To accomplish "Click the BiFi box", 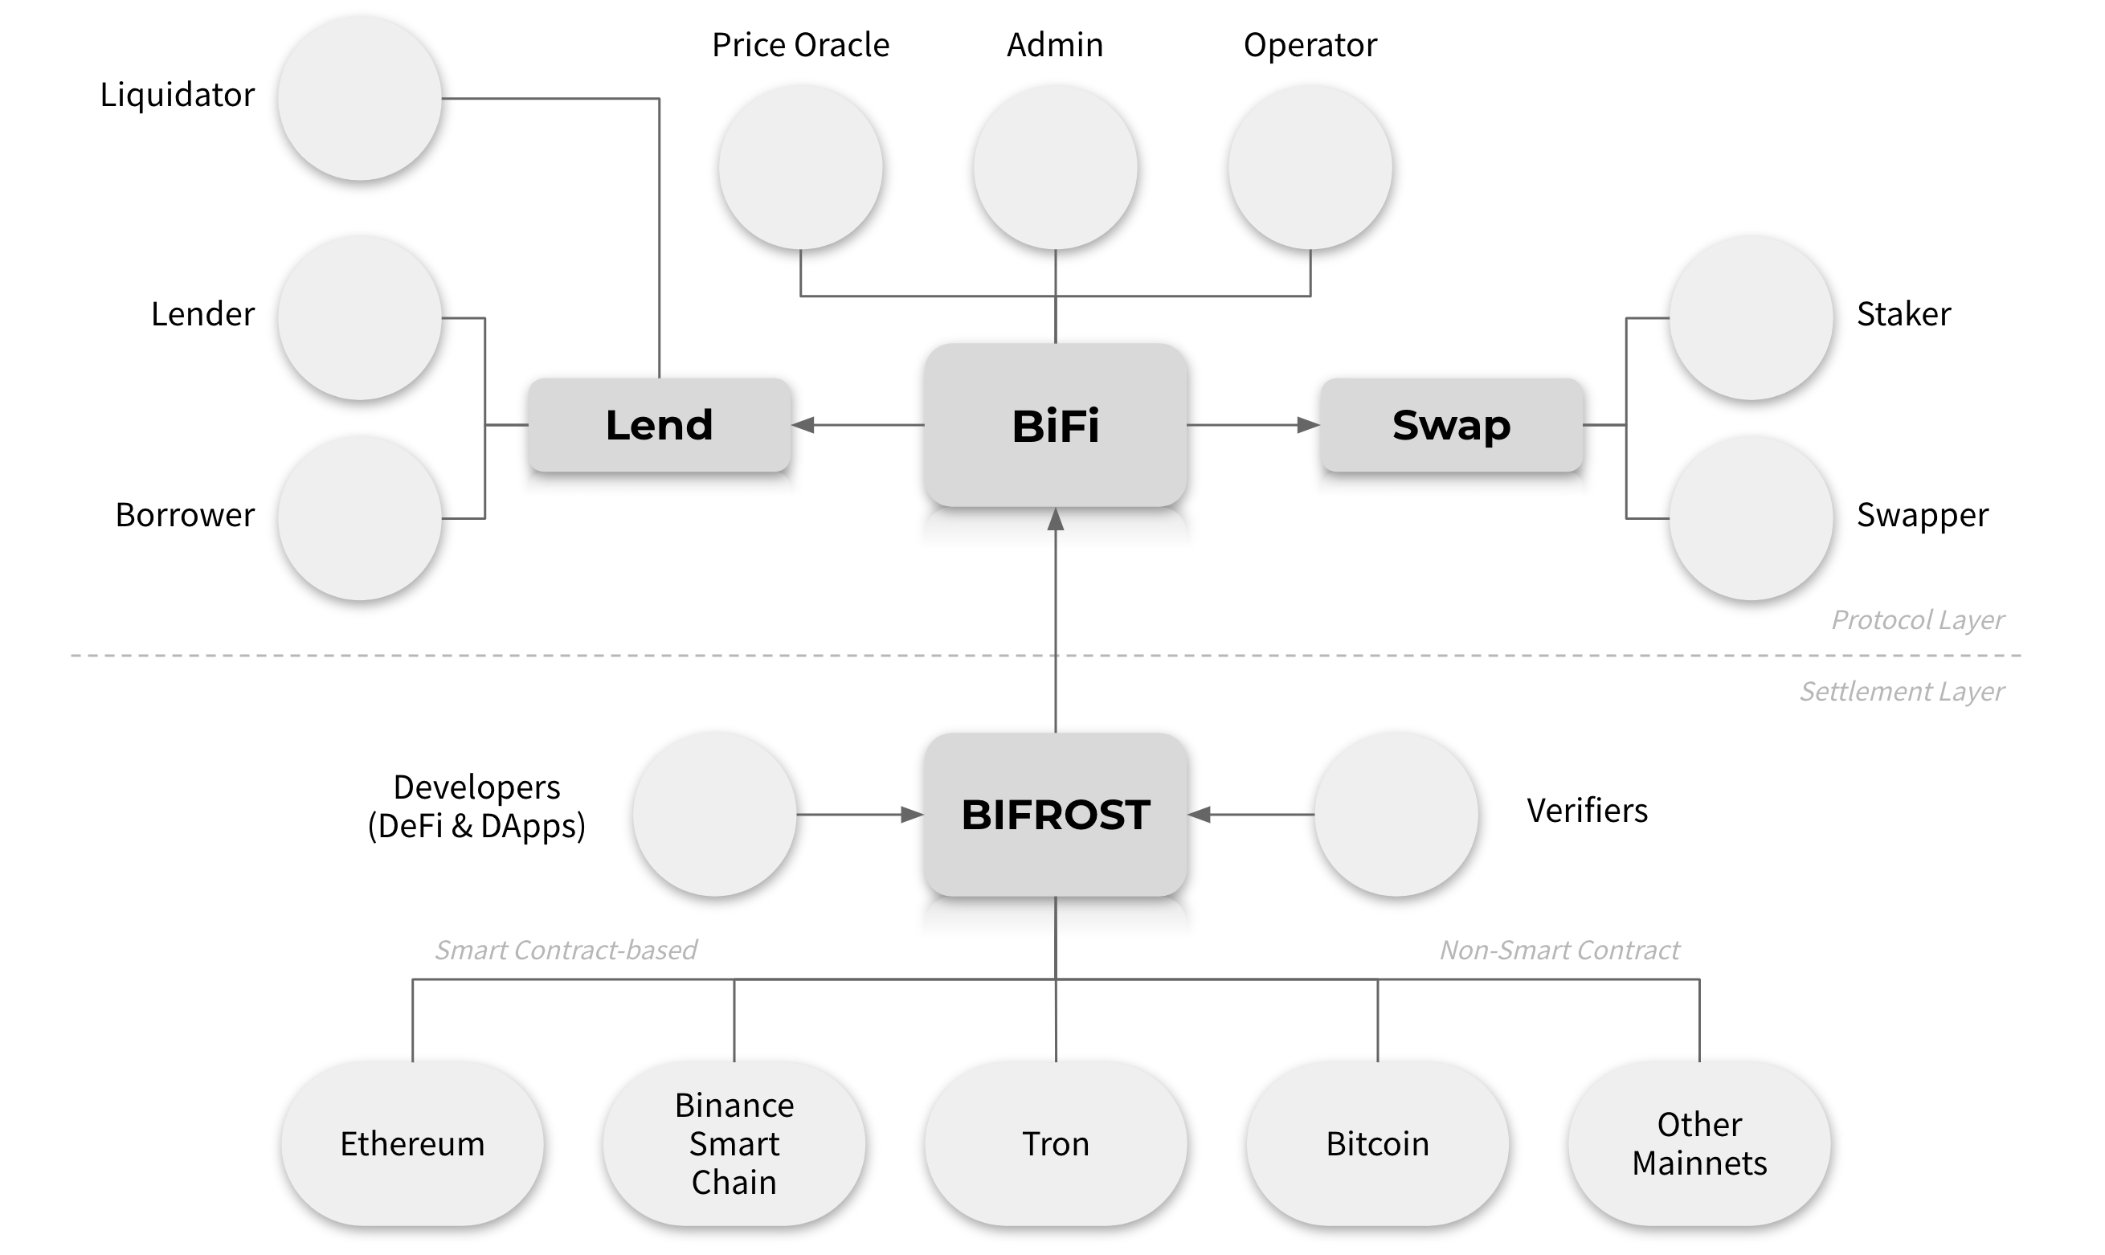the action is coord(1055,424).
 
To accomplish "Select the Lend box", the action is coord(660,424).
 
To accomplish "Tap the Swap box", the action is coord(1452,424).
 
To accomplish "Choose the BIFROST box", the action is coord(1055,815).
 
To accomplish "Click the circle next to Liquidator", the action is coord(360,98).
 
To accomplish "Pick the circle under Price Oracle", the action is coord(800,167).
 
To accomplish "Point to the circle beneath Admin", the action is coord(1055,167).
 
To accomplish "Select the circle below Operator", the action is coord(1310,167).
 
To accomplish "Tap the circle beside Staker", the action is coord(1751,318).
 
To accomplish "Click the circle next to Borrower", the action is coord(360,518).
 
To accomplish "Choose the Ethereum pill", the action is coord(412,1143).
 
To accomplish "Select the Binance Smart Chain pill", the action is coord(734,1143).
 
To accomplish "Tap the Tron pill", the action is coord(1056,1143).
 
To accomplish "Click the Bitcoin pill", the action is coord(1378,1143).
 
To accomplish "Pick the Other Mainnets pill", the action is coord(1699,1143).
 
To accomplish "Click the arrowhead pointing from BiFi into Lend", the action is coord(803,424).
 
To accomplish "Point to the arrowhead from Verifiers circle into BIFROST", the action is coord(1199,815).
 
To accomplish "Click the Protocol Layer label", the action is coord(1917,620).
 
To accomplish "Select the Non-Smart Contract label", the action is coord(1559,950).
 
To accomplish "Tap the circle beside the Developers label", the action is coord(715,815).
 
